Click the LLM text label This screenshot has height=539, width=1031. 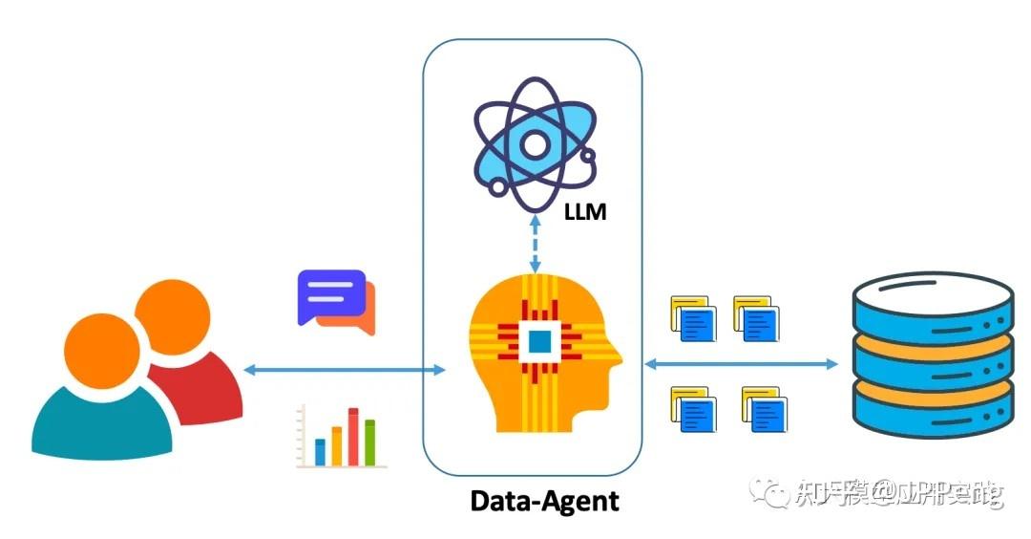584,211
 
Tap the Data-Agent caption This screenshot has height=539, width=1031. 545,500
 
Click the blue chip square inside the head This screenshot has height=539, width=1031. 539,339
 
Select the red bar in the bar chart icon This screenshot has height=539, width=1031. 353,436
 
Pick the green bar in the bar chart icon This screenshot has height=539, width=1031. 370,442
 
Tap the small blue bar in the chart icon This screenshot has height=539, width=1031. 321,451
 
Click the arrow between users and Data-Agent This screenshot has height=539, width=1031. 344,369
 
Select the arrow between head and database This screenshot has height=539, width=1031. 740,363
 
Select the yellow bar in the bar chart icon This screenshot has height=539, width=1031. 336,445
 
